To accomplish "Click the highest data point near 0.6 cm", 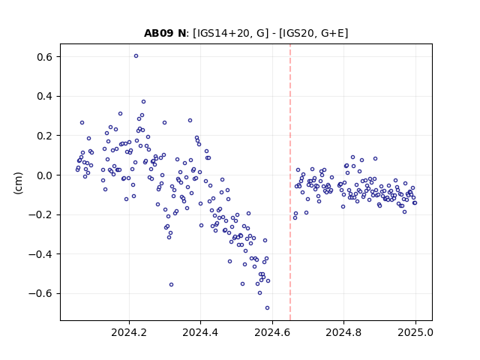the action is click(136, 56).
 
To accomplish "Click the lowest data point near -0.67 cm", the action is click(267, 308).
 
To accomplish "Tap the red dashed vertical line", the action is click(290, 182).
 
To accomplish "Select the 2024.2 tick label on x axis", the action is click(129, 332).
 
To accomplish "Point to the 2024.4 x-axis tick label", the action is click(200, 332).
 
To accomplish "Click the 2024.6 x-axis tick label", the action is click(272, 332).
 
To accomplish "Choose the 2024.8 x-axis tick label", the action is click(343, 332).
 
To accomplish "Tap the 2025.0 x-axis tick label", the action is click(415, 332).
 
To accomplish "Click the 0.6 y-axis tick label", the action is click(44, 57).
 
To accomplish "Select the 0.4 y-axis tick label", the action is click(44, 97).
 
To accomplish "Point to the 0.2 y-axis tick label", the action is click(44, 136).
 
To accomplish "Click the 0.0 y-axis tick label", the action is click(44, 175).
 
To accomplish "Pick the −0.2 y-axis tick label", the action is click(40, 215).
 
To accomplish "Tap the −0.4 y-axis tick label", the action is click(40, 254).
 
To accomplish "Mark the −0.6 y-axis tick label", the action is click(40, 293).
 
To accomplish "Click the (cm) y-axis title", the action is click(18, 183).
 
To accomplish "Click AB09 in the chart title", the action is click(159, 33).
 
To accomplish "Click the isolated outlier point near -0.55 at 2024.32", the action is click(172, 285).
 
